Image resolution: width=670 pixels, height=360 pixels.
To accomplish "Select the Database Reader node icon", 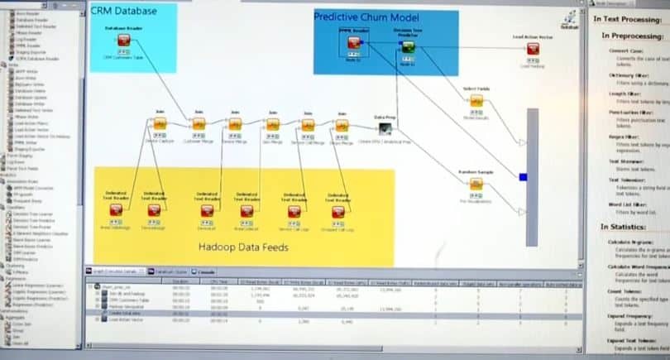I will [123, 41].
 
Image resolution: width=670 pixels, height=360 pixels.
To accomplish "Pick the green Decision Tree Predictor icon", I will [408, 48].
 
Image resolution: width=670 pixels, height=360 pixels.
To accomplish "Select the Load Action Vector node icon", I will [533, 50].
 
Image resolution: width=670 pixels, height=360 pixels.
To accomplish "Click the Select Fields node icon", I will [476, 101].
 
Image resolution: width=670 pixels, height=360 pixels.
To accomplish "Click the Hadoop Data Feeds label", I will [242, 247].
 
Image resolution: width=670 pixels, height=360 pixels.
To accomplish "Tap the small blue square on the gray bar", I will [523, 176].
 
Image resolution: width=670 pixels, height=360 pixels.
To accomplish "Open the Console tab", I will [206, 271].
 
